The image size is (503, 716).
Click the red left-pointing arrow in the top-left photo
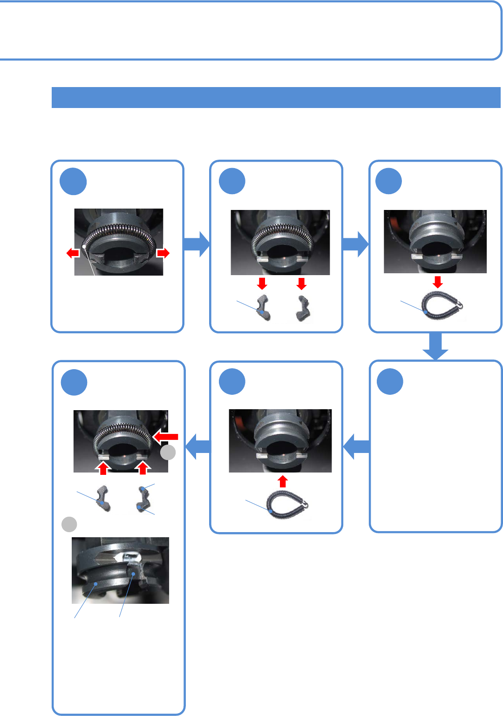73,253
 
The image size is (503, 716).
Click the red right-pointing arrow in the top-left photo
163,253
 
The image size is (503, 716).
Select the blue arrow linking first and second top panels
197,244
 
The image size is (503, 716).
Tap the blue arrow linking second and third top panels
356,244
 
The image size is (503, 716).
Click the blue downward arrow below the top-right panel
435,346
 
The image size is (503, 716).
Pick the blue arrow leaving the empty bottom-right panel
356,446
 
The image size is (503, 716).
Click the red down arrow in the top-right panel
437,282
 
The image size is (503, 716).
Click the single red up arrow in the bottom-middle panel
283,481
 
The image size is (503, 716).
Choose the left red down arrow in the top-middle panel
262,283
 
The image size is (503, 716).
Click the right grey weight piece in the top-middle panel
303,308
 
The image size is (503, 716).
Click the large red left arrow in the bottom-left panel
166,436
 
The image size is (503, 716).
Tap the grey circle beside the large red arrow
168,452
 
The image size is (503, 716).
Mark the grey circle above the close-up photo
69,524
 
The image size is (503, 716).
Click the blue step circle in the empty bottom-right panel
390,381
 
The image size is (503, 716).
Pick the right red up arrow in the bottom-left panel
143,467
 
